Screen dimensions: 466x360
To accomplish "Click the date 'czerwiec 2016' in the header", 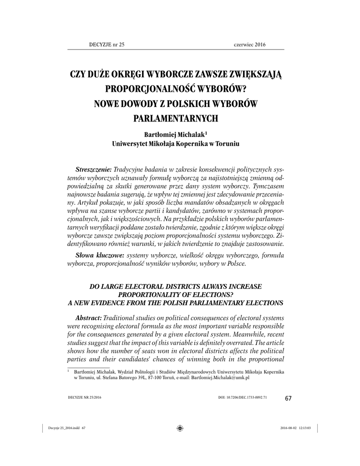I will [x=249, y=44].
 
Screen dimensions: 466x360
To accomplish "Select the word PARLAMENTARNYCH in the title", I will [x=175, y=119].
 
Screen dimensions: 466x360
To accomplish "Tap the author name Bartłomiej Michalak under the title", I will [x=173, y=135].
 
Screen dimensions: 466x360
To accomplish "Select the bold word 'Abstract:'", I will [x=88, y=317].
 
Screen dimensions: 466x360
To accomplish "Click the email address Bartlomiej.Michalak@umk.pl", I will [x=220, y=378].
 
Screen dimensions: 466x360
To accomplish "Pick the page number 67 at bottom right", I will [x=288, y=399].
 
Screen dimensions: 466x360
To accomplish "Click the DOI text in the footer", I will [x=243, y=397].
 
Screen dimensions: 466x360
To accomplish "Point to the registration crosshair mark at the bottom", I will [x=180, y=428].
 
